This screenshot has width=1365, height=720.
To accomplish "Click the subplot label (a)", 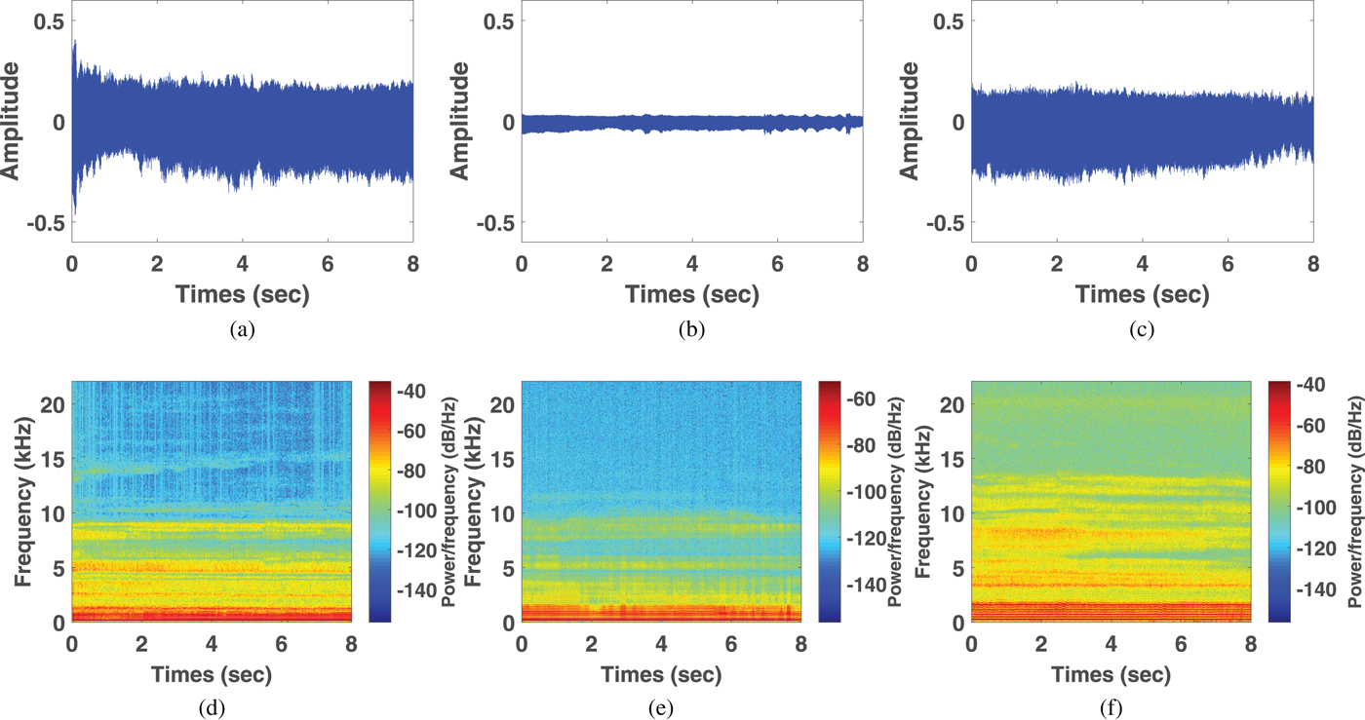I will tap(242, 329).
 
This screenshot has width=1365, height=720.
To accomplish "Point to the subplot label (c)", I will tap(1141, 329).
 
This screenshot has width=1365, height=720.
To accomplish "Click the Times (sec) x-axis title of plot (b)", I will tap(691, 293).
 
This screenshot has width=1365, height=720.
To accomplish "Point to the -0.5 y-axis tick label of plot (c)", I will tap(941, 222).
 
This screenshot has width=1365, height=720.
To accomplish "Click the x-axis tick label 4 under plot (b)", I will tap(691, 263).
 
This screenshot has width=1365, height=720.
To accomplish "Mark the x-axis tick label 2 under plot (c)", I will tap(1056, 263).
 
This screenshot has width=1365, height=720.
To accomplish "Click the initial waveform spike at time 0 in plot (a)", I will tap(74, 58).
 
